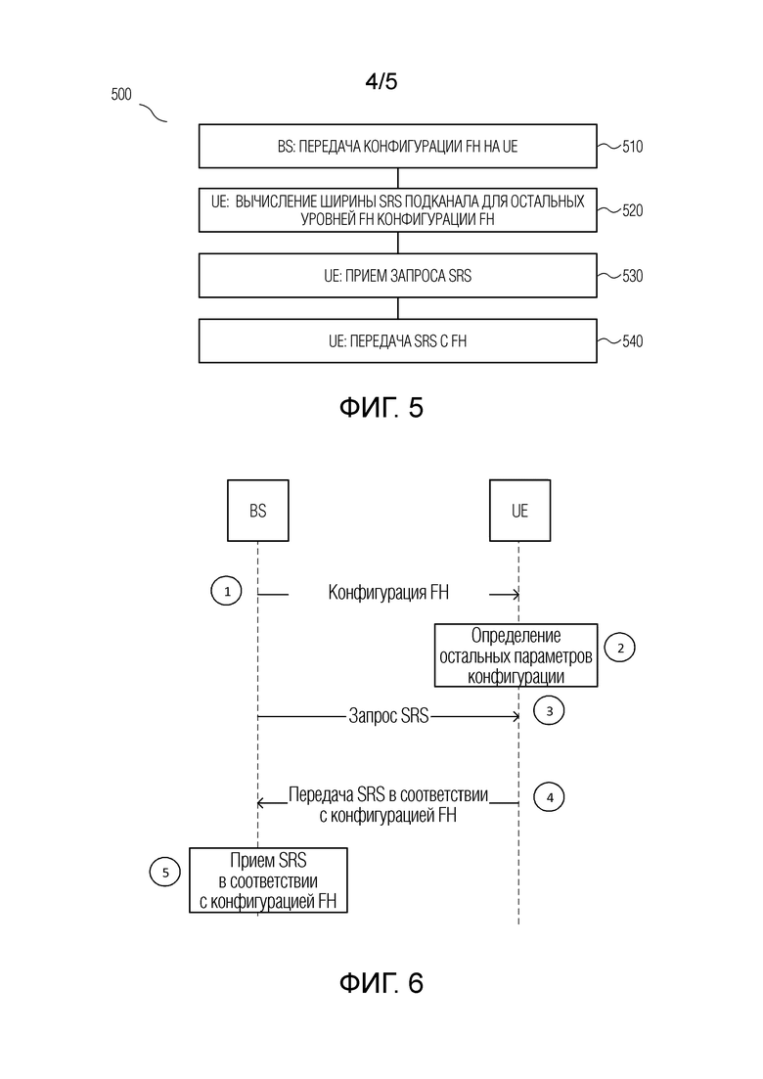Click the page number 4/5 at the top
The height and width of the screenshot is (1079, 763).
[x=381, y=82]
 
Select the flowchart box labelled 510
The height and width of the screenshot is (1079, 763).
[x=397, y=146]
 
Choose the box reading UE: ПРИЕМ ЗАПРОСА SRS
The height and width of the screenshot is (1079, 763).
[x=397, y=276]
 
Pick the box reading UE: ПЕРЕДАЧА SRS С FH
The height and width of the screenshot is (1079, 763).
[x=397, y=341]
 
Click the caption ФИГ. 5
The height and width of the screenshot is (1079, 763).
[x=381, y=408]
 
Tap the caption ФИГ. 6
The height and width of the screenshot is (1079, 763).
[x=381, y=983]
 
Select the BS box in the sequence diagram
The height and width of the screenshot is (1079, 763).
[x=258, y=511]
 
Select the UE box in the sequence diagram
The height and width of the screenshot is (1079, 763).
[x=518, y=511]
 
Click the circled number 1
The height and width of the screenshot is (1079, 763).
[x=227, y=592]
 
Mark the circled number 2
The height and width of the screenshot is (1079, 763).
[x=620, y=647]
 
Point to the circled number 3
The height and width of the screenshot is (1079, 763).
[x=550, y=711]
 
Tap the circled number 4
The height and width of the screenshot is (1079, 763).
[x=550, y=797]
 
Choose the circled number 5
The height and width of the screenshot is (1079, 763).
[x=164, y=871]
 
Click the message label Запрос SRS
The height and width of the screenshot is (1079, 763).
[x=388, y=716]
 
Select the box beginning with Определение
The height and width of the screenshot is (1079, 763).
[x=517, y=654]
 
